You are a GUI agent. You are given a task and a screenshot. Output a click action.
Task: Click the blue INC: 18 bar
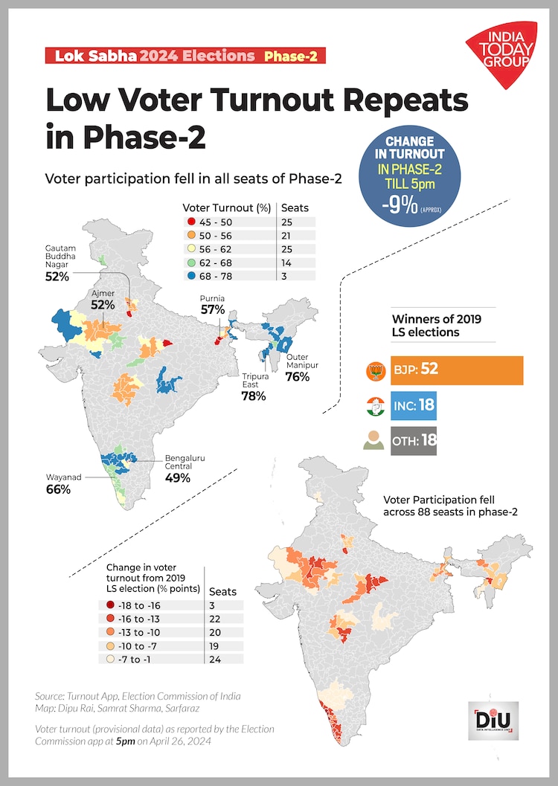412,406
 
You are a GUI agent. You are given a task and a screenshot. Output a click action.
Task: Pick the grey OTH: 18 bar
414,440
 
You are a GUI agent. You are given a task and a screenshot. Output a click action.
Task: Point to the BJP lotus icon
373,370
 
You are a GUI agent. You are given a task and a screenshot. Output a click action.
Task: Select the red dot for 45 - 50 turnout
191,222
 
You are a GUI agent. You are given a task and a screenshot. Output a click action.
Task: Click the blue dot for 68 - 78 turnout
191,274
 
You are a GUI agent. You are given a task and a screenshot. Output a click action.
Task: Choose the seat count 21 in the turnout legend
289,235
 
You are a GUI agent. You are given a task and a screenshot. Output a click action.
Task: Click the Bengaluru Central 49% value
178,477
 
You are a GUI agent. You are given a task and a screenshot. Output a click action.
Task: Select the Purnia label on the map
212,298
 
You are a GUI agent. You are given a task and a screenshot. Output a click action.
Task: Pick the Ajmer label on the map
103,294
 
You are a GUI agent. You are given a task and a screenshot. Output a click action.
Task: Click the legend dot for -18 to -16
111,605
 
